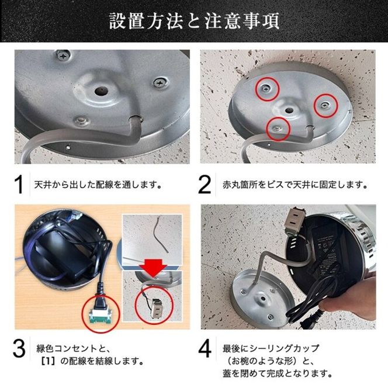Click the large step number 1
pyautogui.click(x=19, y=184)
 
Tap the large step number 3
pyautogui.click(x=19, y=349)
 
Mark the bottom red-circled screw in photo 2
pyautogui.click(x=278, y=127)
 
